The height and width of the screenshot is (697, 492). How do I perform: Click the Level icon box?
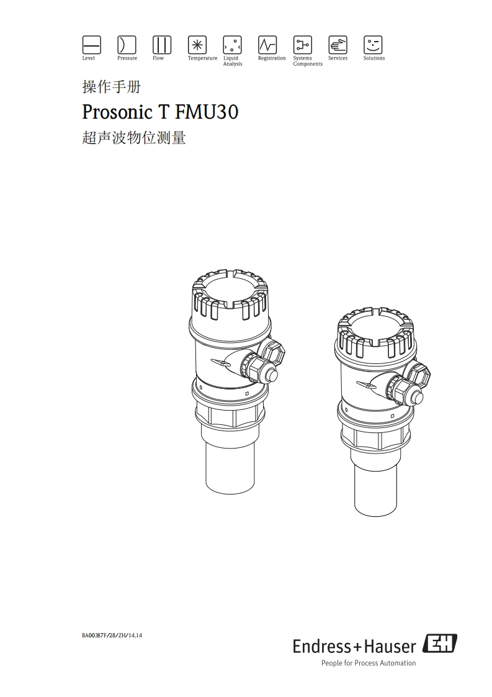(91, 45)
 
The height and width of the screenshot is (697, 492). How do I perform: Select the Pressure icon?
(127, 45)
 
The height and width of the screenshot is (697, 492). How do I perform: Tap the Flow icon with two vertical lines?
(162, 45)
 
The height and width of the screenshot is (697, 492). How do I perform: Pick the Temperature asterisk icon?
(197, 45)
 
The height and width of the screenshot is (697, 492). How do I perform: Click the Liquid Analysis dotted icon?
(232, 45)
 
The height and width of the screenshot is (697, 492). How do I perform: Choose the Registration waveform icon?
(267, 45)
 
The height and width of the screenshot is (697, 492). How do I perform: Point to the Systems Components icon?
(302, 45)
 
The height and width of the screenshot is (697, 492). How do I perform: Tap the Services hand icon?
(338, 45)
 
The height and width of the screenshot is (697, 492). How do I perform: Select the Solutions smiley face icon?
(373, 45)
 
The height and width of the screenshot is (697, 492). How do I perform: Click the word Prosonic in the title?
(117, 112)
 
